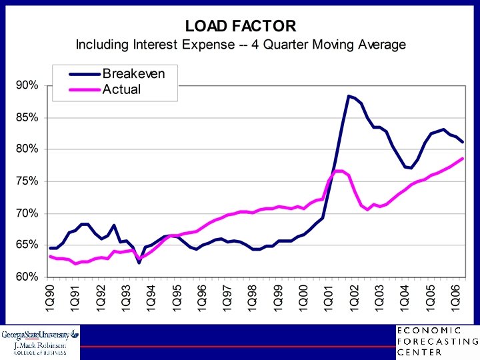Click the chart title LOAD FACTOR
[x=240, y=26]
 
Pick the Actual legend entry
[x=121, y=89]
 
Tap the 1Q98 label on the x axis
[x=252, y=297]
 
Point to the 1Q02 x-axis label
[x=353, y=297]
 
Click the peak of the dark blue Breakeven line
[x=349, y=96]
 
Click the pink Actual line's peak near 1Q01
[x=339, y=171]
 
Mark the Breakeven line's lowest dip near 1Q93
[x=139, y=263]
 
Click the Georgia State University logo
[x=40, y=342]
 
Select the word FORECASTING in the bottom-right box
[x=437, y=341]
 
